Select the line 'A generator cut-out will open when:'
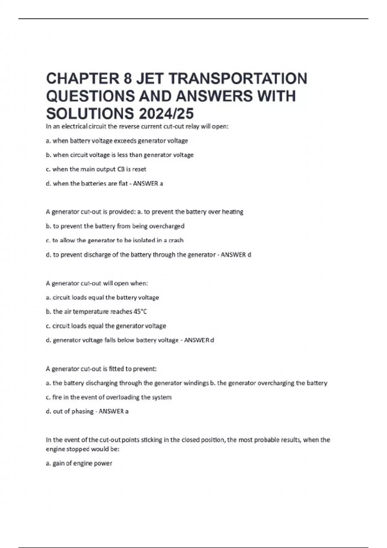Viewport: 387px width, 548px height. click(x=97, y=283)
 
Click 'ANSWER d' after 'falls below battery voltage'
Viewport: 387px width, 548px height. click(x=199, y=340)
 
